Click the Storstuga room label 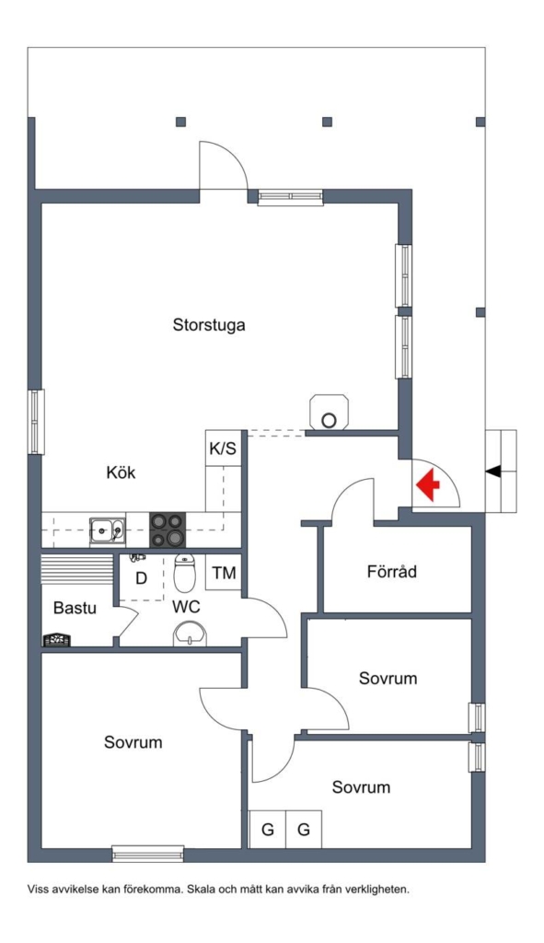coord(209,325)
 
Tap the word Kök coord(121,472)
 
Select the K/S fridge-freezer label coord(223,448)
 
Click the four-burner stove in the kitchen coord(168,530)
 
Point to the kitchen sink coord(108,530)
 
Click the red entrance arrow coord(427,484)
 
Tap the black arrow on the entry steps coord(492,472)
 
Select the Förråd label coord(392,571)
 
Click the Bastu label coord(75,608)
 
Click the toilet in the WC coord(184,573)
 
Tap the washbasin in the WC coord(190,634)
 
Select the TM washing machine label coord(225,573)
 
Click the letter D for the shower coord(141,578)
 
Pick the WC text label coord(186,607)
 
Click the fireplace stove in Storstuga coord(329,412)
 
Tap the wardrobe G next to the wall coord(268,830)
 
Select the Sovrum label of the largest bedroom coord(133,741)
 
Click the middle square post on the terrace coord(327,122)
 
